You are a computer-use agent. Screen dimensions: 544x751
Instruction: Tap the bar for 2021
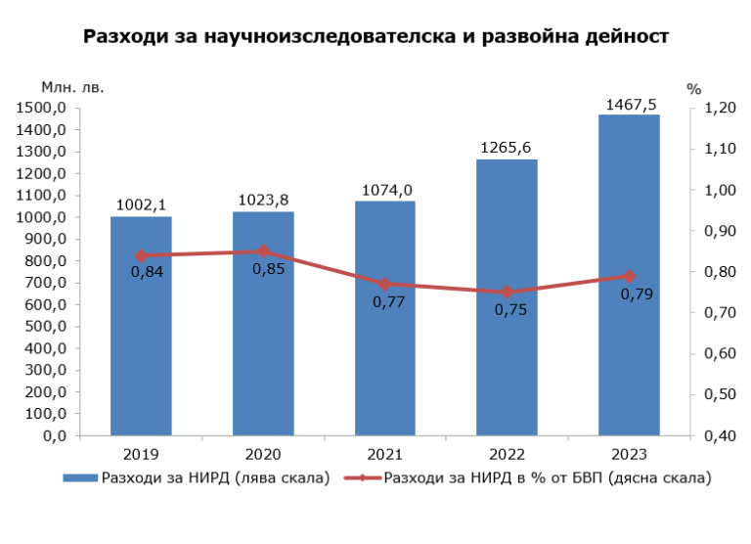tap(384, 362)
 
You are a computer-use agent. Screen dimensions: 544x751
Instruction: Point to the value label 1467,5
tap(630, 103)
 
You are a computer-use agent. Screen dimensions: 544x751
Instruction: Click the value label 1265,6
tap(507, 148)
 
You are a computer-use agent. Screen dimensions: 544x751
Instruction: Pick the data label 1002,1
tap(141, 205)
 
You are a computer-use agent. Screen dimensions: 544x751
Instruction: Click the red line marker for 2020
tap(263, 251)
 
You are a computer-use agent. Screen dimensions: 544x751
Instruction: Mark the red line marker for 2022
tap(507, 293)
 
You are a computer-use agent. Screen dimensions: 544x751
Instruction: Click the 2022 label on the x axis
tap(507, 455)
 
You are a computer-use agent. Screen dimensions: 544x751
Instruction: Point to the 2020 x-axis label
tap(263, 455)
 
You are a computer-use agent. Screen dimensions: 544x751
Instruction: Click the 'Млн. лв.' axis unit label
tap(72, 86)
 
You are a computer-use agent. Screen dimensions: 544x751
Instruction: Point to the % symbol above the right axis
tap(694, 88)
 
